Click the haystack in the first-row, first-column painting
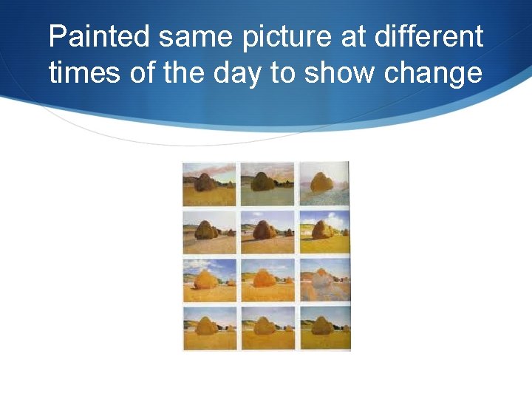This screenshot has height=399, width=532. click(205, 183)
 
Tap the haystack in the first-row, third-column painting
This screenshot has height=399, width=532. click(321, 182)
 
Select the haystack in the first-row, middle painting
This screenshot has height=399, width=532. click(262, 183)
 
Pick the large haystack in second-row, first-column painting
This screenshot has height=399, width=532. click(205, 231)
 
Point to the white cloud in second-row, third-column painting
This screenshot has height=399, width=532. click(336, 219)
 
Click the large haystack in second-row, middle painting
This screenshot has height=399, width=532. click(263, 231)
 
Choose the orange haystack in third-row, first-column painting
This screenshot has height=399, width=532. click(205, 279)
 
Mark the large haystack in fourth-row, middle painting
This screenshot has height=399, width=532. click(263, 326)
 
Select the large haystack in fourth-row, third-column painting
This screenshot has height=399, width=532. click(320, 326)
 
